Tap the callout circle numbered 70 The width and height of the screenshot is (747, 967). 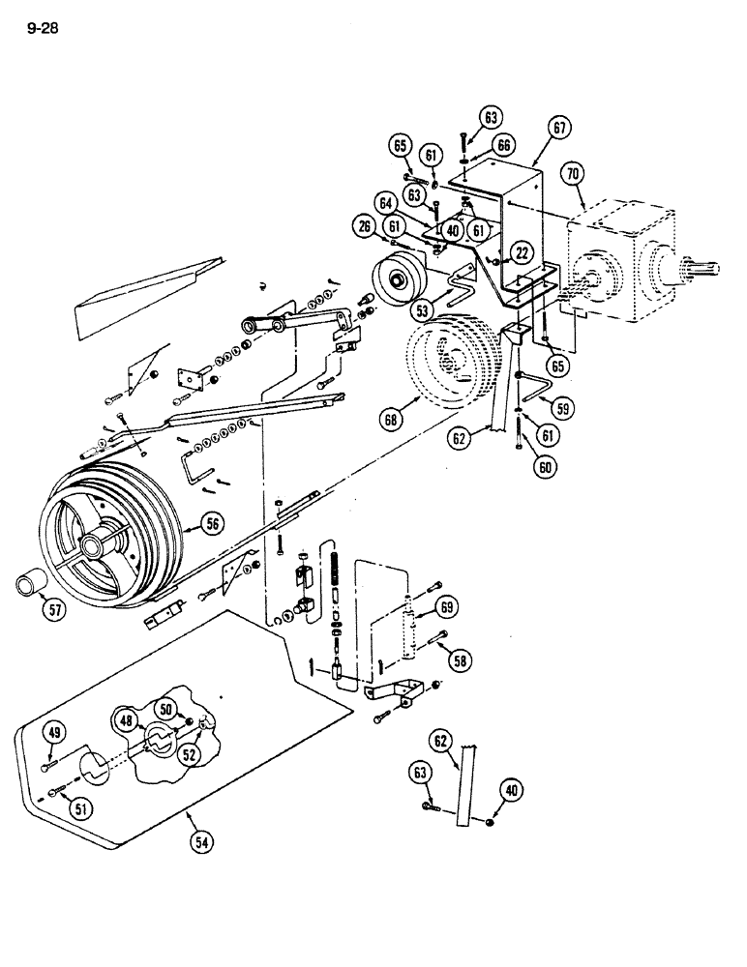(x=572, y=175)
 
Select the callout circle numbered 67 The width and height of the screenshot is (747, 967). (x=558, y=127)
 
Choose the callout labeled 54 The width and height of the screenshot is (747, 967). (x=201, y=840)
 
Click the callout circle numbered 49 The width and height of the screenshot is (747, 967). (x=55, y=733)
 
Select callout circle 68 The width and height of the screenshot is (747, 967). (x=390, y=419)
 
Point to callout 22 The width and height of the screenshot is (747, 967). (x=522, y=252)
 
